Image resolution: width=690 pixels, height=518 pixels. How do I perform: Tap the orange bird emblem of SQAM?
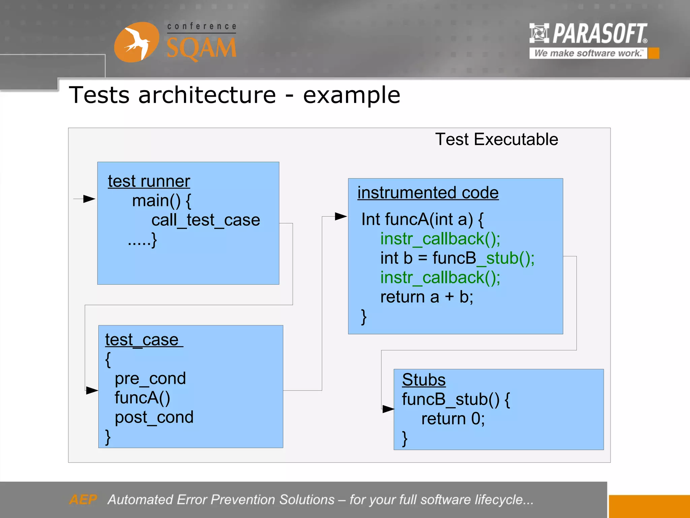click(x=136, y=42)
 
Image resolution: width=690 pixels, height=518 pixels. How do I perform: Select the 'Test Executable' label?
click(x=496, y=139)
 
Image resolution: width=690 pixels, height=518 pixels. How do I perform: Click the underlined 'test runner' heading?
click(x=149, y=181)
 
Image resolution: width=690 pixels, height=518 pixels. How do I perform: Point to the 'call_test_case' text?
click(x=206, y=220)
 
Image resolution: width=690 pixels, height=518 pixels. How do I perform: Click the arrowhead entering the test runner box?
click(x=89, y=199)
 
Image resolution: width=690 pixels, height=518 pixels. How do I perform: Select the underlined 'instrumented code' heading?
click(x=428, y=193)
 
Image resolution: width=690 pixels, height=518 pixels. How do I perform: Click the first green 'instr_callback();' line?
click(x=440, y=239)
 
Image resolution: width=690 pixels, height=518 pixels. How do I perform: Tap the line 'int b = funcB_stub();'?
click(x=457, y=258)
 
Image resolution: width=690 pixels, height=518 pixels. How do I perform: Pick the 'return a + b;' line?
click(x=427, y=297)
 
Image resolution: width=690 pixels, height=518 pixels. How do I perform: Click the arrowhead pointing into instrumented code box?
click(x=341, y=217)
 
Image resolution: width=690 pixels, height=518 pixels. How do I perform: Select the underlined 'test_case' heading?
click(x=142, y=340)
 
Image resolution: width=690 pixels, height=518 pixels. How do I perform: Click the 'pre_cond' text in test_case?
click(x=150, y=378)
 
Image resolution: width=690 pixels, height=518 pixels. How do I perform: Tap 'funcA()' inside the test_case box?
click(x=142, y=398)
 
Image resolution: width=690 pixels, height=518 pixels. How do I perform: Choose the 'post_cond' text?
click(x=154, y=418)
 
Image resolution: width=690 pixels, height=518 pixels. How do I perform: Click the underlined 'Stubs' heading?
click(x=424, y=380)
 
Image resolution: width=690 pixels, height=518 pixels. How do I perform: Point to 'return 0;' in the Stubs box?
click(x=452, y=419)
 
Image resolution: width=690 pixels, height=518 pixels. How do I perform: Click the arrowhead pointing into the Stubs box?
click(x=388, y=409)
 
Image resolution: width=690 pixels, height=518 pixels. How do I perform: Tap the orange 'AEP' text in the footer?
click(x=83, y=499)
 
